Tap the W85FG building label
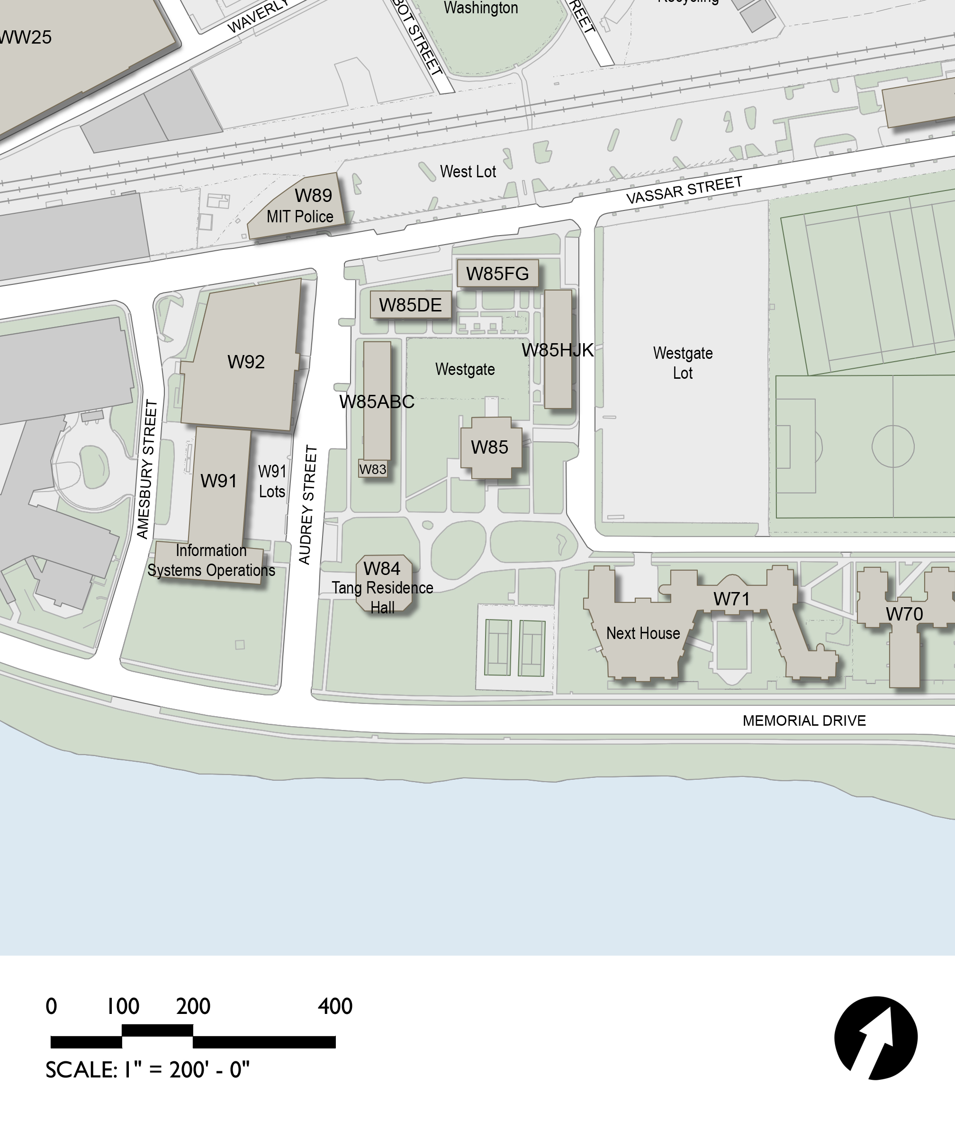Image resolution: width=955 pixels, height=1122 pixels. tap(497, 274)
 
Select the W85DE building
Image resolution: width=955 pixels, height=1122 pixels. tap(410, 305)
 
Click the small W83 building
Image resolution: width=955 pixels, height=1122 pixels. tap(373, 469)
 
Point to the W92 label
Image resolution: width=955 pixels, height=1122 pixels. tap(246, 362)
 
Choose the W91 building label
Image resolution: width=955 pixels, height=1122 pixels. tap(218, 481)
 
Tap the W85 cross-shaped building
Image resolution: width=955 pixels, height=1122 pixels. tap(490, 447)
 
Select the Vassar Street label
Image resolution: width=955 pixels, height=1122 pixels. tap(684, 190)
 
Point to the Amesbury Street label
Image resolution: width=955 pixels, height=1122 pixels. tap(147, 469)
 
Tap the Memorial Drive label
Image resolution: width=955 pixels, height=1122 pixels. tap(804, 721)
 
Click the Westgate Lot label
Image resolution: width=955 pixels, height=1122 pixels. tap(683, 363)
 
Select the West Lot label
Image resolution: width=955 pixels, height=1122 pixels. tap(468, 172)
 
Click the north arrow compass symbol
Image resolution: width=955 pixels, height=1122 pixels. tap(875, 1038)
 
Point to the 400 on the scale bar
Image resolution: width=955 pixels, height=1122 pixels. tap(335, 1006)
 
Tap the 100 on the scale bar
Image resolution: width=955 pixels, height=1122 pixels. tap(123, 1006)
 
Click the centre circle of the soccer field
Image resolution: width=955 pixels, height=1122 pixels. tap(893, 446)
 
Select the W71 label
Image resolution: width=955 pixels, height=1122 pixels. tap(731, 599)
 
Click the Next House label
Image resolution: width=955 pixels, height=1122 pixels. tap(643, 633)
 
